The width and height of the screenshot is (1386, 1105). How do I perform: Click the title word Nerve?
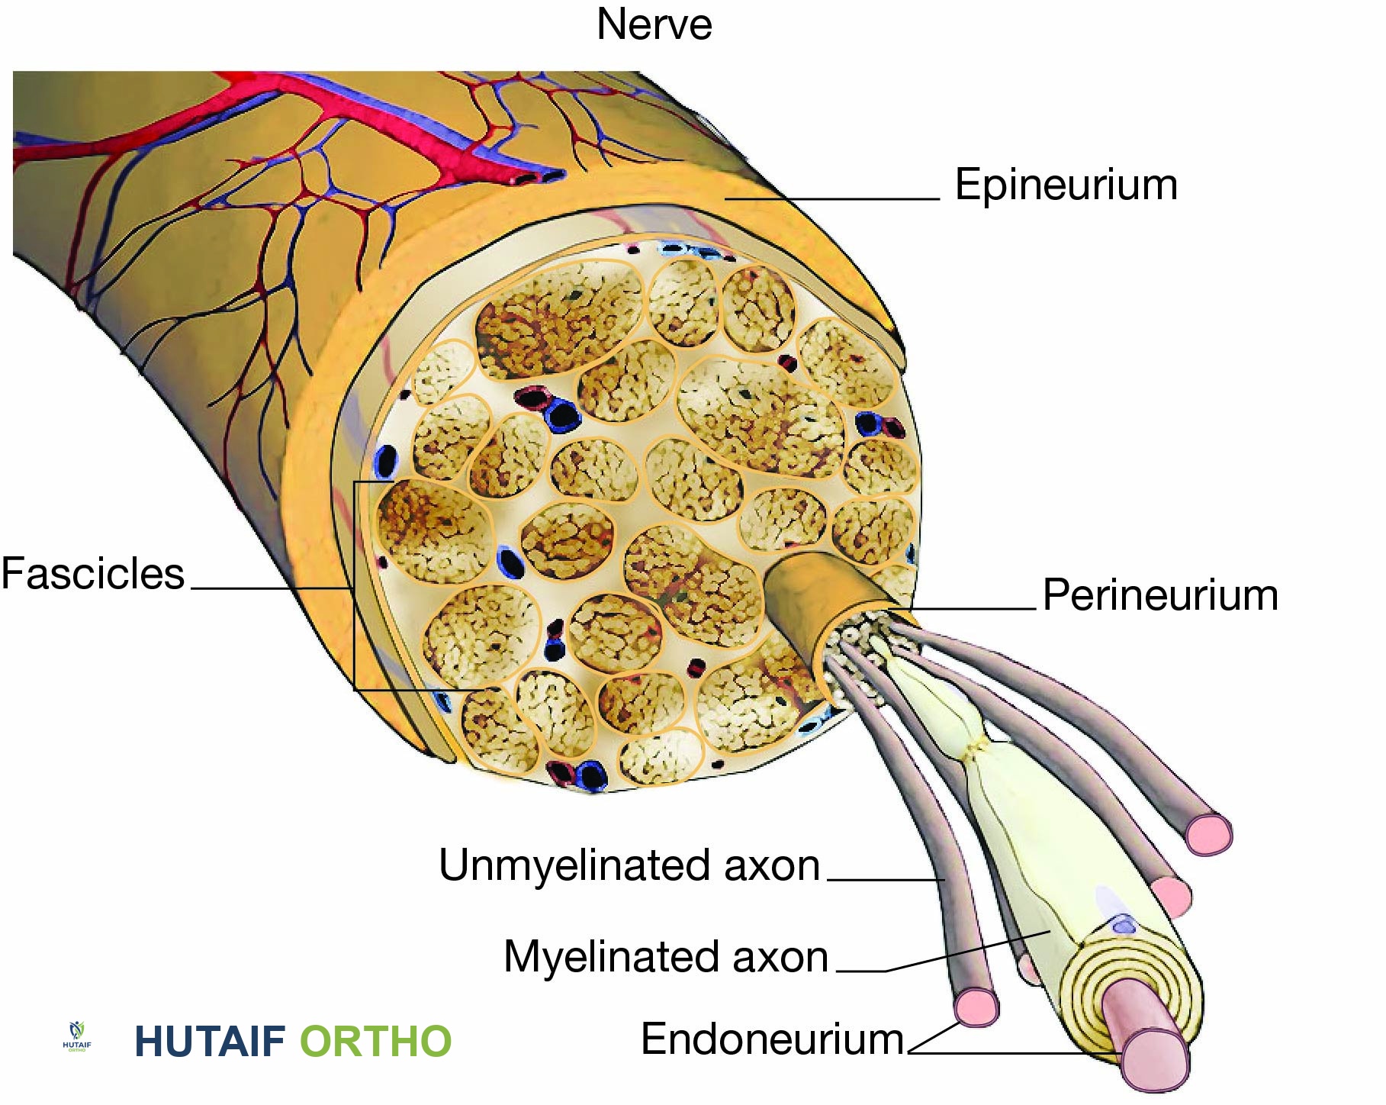click(654, 24)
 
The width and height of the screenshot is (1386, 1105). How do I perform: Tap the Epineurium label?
click(1066, 185)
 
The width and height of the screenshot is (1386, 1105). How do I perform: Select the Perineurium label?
click(1159, 595)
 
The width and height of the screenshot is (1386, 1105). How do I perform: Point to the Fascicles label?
click(92, 574)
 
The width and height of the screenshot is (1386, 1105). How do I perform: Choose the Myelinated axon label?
click(665, 957)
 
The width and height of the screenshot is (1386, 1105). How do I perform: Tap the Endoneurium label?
click(772, 1039)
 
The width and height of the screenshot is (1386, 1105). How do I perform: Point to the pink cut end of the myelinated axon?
click(1154, 1057)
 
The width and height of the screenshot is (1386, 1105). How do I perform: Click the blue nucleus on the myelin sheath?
click(1124, 926)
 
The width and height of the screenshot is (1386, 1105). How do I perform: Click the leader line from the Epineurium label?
click(831, 199)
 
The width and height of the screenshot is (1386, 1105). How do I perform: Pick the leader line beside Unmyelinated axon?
click(885, 880)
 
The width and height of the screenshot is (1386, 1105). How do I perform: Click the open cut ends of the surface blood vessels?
click(538, 178)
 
